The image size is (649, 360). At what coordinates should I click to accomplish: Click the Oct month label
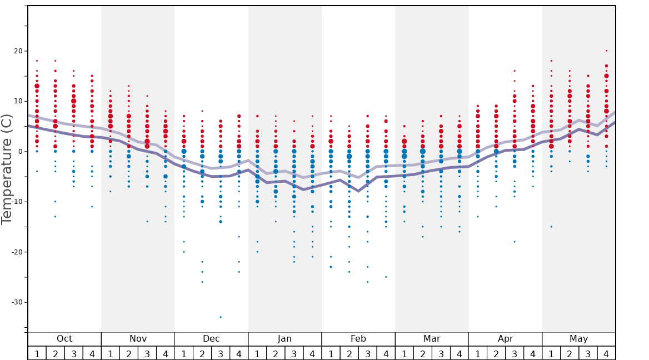64,339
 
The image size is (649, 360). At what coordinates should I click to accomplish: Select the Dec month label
211,339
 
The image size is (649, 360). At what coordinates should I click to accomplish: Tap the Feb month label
358,339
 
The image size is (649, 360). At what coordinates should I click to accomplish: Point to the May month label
578,339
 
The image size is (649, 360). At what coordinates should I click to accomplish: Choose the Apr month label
505,339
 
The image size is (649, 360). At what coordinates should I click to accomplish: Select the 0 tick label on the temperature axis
20,152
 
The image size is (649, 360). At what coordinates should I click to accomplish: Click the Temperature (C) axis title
7,169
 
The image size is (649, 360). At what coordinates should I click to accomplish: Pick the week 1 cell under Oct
37,353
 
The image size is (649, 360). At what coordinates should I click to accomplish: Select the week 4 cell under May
606,353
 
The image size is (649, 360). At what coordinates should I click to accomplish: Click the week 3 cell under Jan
294,353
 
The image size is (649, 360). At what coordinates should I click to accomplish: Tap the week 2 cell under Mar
423,353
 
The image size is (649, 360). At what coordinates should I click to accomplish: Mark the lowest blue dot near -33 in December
221,317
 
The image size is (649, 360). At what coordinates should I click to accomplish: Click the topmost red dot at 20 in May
606,51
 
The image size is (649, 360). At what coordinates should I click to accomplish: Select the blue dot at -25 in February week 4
386,277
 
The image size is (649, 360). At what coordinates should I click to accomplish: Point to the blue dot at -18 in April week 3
515,242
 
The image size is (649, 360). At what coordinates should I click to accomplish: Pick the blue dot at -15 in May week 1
551,227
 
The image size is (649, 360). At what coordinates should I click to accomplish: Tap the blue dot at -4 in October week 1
37,171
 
